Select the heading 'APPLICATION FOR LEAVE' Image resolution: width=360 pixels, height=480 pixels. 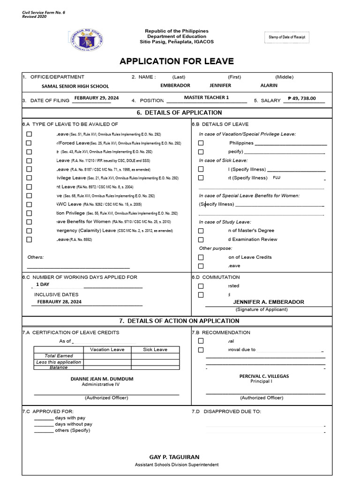pyautogui.click(x=177, y=61)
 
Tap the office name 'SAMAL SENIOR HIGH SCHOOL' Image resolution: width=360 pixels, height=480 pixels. pyautogui.click(x=75, y=86)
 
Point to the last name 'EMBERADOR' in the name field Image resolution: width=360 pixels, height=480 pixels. pyautogui.click(x=175, y=86)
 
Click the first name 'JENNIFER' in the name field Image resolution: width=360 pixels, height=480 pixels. pyautogui.click(x=220, y=86)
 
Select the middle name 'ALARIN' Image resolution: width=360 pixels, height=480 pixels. pyautogui.click(x=269, y=86)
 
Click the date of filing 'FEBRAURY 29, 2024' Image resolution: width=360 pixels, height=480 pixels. pyautogui.click(x=96, y=98)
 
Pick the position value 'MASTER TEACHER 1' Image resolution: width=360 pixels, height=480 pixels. pyautogui.click(x=206, y=97)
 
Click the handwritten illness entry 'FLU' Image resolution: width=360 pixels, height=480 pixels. pyautogui.click(x=277, y=178)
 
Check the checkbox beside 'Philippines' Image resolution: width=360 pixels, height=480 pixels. pyautogui.click(x=201, y=143)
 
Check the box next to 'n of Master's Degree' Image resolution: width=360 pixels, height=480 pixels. pyautogui.click(x=201, y=231)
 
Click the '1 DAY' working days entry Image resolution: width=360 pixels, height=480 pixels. pyautogui.click(x=43, y=285)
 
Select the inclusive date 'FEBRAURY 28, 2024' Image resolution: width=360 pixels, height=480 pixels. pyautogui.click(x=60, y=302)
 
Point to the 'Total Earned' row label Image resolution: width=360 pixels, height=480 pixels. pyautogui.click(x=59, y=356)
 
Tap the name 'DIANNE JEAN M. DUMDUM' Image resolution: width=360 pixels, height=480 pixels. pyautogui.click(x=102, y=379)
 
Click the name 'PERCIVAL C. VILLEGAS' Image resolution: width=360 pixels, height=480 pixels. pyautogui.click(x=264, y=376)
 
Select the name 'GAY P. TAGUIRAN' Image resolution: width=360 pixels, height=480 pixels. pyautogui.click(x=177, y=457)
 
